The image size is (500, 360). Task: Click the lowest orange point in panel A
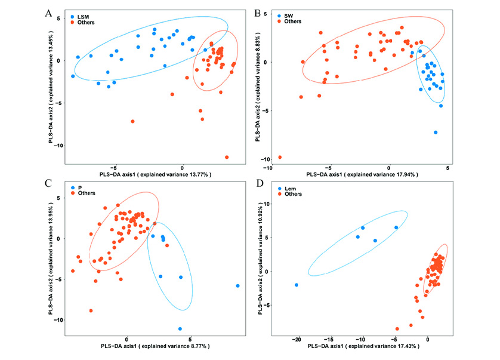[x=227, y=157]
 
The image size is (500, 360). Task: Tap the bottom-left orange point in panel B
[x=280, y=157]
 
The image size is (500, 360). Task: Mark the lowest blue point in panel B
[x=436, y=132]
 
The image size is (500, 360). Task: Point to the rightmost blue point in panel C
[x=237, y=286]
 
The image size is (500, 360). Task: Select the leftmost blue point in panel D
[x=297, y=285]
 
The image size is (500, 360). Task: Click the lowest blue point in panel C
[x=180, y=328]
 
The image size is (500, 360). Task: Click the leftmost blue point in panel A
[x=73, y=76]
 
